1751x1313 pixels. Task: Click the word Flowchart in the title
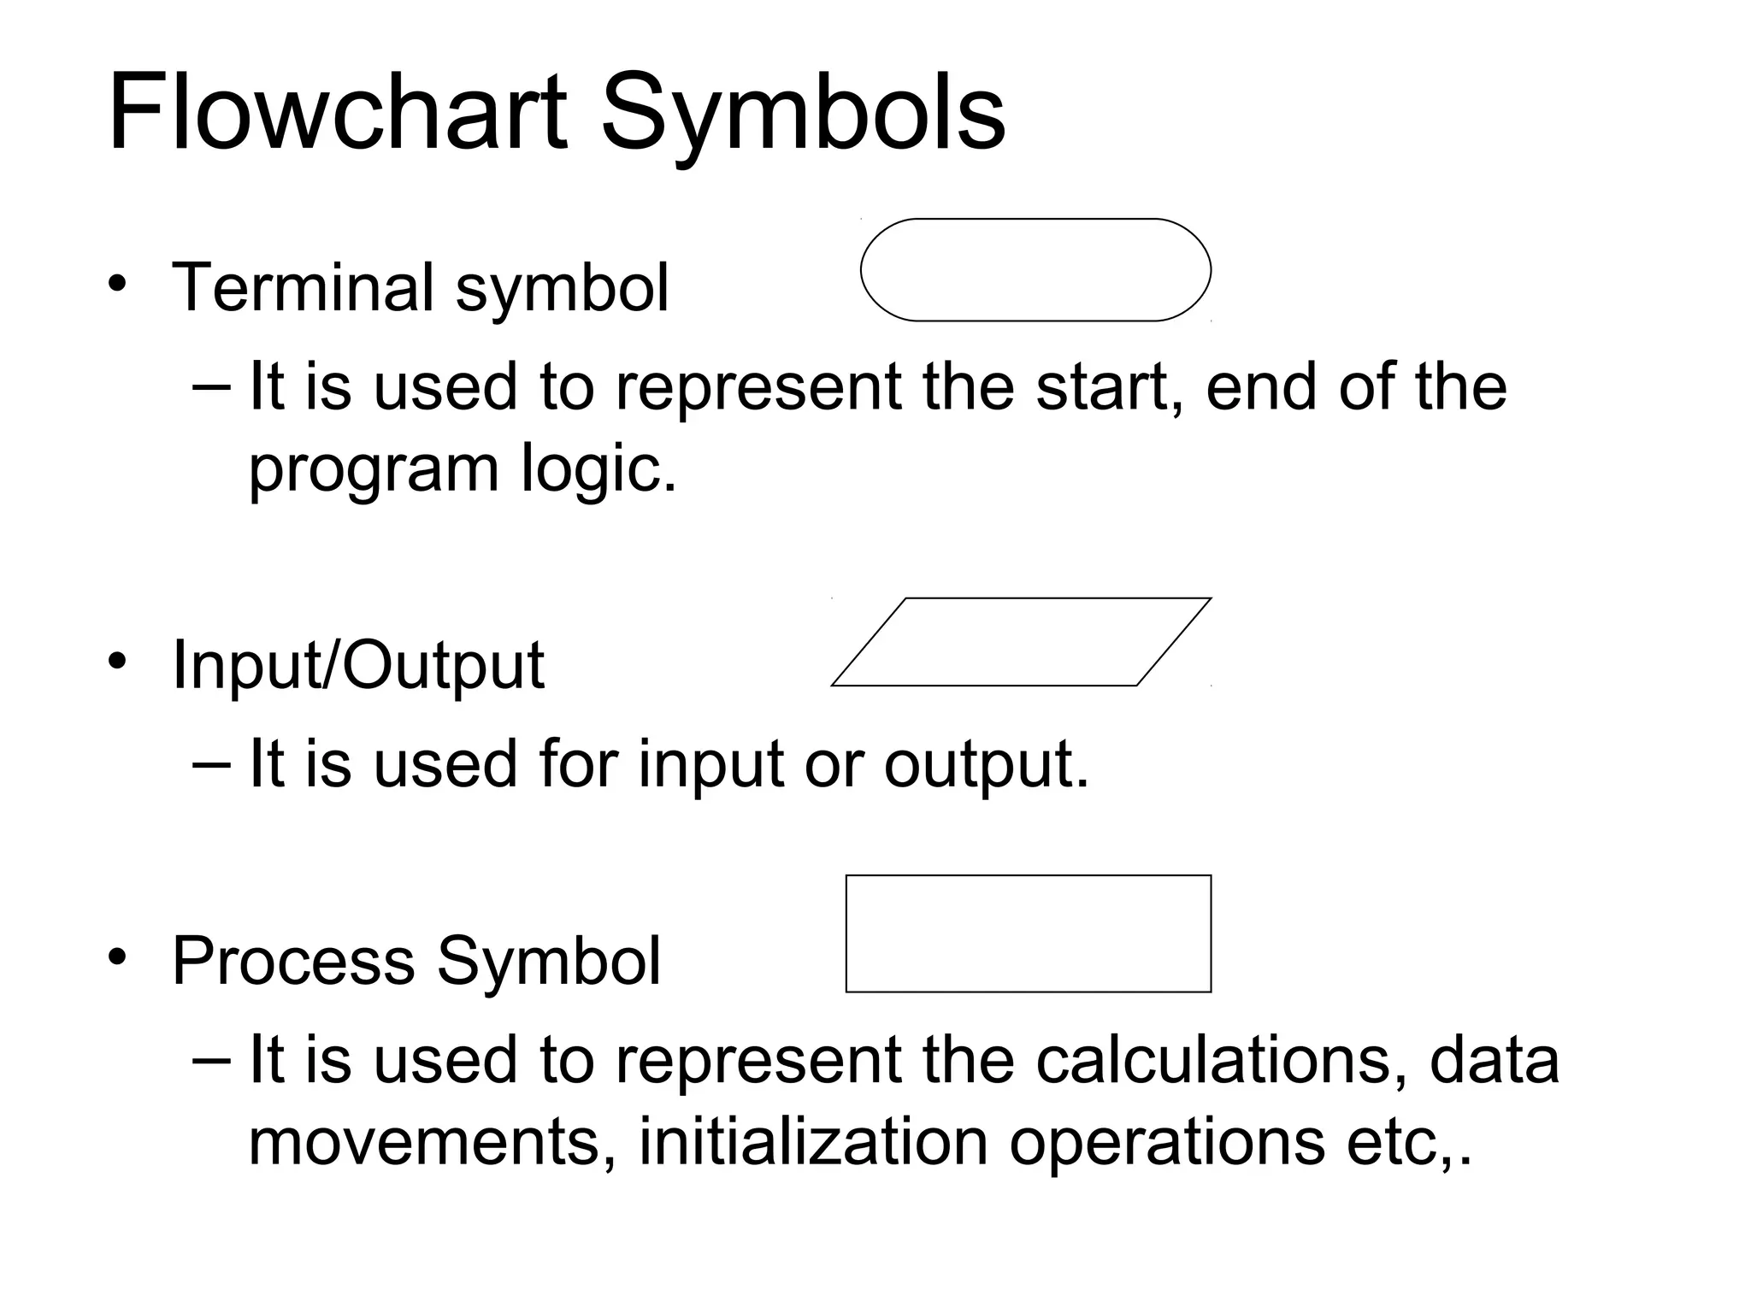pyautogui.click(x=337, y=113)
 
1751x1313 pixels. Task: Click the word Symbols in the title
pyautogui.click(x=803, y=116)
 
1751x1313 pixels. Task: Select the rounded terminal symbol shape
pyautogui.click(x=1035, y=270)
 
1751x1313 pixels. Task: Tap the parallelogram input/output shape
pyautogui.click(x=1022, y=642)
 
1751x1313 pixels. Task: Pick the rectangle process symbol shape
pyautogui.click(x=1029, y=933)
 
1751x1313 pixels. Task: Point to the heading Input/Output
pyautogui.click(x=357, y=665)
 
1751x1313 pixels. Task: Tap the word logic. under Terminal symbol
pyautogui.click(x=598, y=468)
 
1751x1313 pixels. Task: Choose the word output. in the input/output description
pyautogui.click(x=987, y=763)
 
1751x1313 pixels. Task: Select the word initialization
pyautogui.click(x=813, y=1142)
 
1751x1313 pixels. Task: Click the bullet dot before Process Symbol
pyautogui.click(x=117, y=957)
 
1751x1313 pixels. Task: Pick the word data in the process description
pyautogui.click(x=1495, y=1060)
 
